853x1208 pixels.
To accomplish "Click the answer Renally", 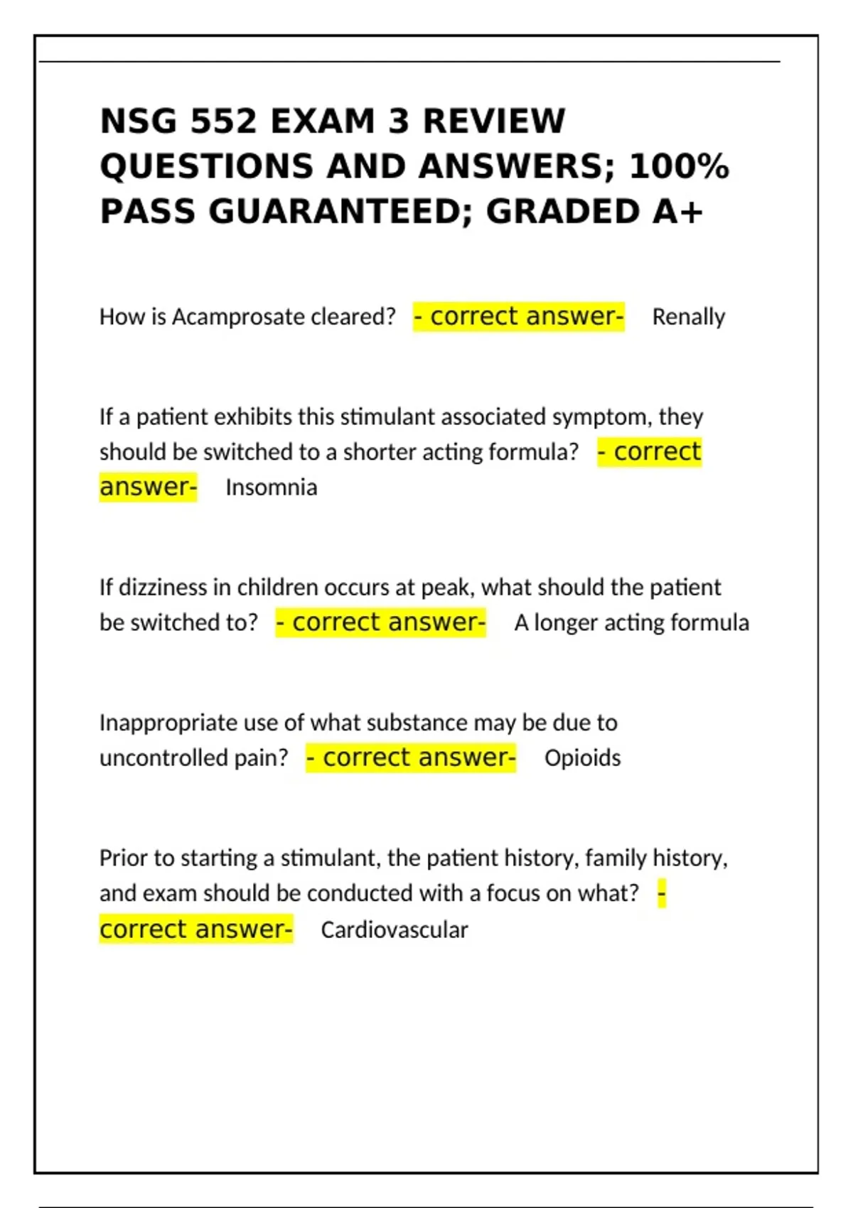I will tap(688, 317).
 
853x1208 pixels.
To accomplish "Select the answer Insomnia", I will tap(271, 487).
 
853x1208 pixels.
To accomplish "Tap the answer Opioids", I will tap(582, 758).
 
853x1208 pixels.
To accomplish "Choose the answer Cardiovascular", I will tap(394, 929).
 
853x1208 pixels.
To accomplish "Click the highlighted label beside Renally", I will tap(518, 316).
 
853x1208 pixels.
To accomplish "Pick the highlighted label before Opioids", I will tap(411, 757).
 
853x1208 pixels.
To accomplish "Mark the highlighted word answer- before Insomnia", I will tap(148, 487).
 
